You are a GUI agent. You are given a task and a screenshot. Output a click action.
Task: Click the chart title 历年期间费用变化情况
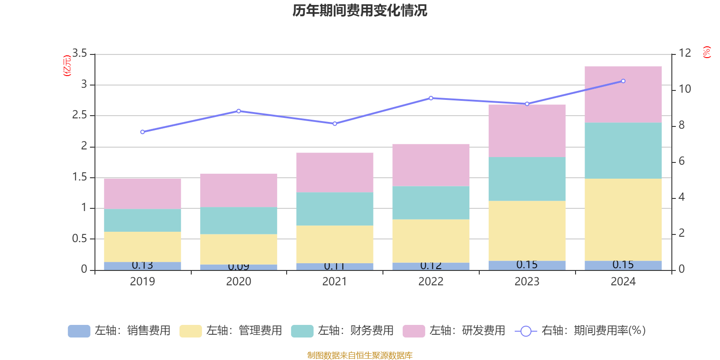click(360, 10)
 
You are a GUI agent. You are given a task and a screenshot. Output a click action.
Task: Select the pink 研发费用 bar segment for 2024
click(623, 94)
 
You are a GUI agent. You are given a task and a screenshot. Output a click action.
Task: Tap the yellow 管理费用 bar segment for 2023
click(526, 230)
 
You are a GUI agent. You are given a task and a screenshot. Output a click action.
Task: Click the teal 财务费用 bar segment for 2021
click(334, 209)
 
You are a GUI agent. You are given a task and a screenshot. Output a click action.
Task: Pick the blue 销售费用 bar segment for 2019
click(142, 266)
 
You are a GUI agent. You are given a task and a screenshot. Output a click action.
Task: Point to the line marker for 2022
click(431, 98)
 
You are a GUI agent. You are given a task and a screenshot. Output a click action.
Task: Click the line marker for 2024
click(623, 81)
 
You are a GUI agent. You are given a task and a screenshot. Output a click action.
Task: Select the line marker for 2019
click(142, 132)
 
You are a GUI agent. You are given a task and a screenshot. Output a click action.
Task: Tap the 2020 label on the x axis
click(238, 282)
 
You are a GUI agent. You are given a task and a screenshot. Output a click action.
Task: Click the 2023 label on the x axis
click(526, 282)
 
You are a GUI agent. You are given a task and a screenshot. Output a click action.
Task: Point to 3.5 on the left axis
click(80, 54)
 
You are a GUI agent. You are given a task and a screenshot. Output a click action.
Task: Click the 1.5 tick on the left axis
click(80, 177)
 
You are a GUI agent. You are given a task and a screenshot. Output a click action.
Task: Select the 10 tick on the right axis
click(684, 89)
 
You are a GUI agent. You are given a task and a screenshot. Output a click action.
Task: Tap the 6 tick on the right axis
click(681, 161)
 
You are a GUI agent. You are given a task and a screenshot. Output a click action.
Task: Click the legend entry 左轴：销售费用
click(119, 331)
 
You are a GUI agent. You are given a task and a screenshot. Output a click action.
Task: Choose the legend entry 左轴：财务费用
click(342, 331)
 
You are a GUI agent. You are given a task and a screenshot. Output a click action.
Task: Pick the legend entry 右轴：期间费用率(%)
click(580, 331)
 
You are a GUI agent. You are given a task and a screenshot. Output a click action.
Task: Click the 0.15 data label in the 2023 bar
click(526, 265)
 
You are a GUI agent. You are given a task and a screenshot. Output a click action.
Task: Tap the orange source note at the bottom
click(360, 355)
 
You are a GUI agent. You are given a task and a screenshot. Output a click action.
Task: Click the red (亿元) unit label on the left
click(67, 66)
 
